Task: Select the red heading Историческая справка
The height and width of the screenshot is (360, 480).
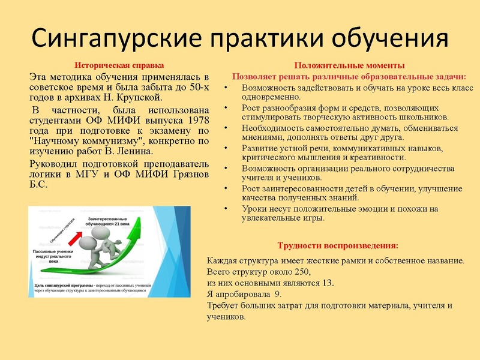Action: [x=118, y=65]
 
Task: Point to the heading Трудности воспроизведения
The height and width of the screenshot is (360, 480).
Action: [x=337, y=245]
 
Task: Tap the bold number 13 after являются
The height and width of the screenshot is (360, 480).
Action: [x=328, y=283]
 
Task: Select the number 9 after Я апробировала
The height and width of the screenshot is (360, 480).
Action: [x=277, y=294]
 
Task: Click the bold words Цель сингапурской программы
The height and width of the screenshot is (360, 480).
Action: [x=62, y=284]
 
